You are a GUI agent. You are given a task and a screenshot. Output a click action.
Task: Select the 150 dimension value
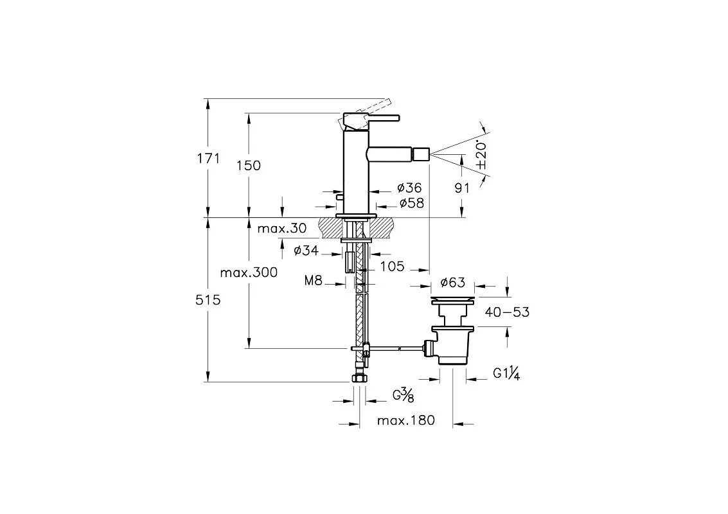(249, 165)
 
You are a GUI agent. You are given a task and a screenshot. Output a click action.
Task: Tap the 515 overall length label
(208, 299)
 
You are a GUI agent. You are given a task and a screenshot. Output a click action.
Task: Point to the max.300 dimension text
(249, 272)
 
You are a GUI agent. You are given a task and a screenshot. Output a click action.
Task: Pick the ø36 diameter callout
(409, 188)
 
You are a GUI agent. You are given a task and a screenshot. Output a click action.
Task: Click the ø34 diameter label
(306, 251)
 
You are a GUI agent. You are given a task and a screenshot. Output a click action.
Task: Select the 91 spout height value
(462, 188)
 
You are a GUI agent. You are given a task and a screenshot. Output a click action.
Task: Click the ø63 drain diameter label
(452, 283)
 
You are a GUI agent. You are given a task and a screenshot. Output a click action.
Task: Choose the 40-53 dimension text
(508, 312)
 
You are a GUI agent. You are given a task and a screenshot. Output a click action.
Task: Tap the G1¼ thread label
(507, 373)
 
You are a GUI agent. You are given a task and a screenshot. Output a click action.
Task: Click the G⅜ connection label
(403, 395)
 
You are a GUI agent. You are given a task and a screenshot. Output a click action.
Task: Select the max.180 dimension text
(405, 421)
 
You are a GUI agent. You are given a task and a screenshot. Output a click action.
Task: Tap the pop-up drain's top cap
(453, 299)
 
